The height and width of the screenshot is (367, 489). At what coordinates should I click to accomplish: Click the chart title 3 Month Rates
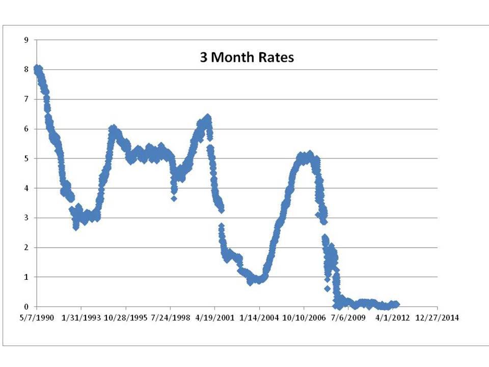(247, 58)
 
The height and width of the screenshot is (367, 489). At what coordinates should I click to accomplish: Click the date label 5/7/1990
(37, 318)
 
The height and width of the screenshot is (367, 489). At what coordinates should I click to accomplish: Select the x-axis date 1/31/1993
(81, 318)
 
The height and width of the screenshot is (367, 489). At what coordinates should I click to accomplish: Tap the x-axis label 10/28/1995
(126, 318)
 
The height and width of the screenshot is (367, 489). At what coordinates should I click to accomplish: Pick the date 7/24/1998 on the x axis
(170, 318)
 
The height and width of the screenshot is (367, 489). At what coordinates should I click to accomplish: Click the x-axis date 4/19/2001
(215, 318)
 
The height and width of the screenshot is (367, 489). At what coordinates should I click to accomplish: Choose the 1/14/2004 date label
(259, 318)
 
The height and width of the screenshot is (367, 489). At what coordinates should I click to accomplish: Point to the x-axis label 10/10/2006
(304, 318)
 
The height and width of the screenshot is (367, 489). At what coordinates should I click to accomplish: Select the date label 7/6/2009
(348, 318)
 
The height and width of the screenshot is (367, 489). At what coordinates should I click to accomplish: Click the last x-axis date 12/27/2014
(438, 318)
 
